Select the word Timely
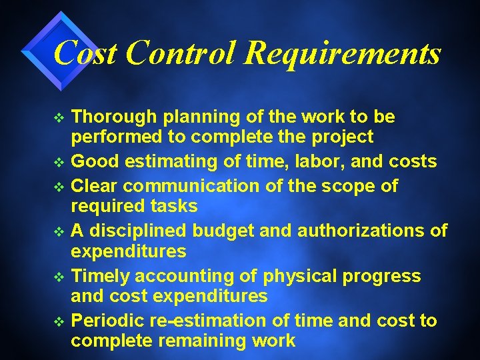click(99, 275)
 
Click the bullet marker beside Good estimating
click(59, 162)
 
